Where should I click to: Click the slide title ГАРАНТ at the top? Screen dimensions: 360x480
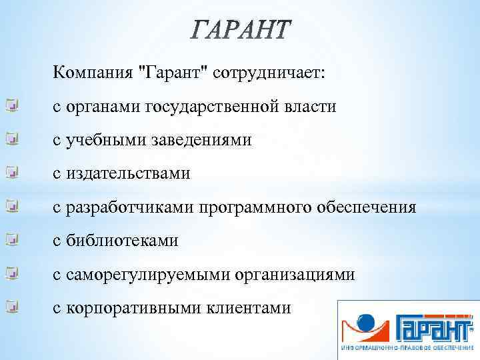tap(241, 30)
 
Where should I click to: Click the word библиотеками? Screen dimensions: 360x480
tap(125, 241)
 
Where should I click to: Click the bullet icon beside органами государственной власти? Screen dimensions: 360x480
tap(11, 105)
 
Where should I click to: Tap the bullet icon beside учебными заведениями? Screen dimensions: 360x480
tap(11, 139)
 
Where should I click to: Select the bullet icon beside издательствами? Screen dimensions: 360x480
tap(11, 172)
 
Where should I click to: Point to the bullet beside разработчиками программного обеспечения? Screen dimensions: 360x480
tap(11, 206)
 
